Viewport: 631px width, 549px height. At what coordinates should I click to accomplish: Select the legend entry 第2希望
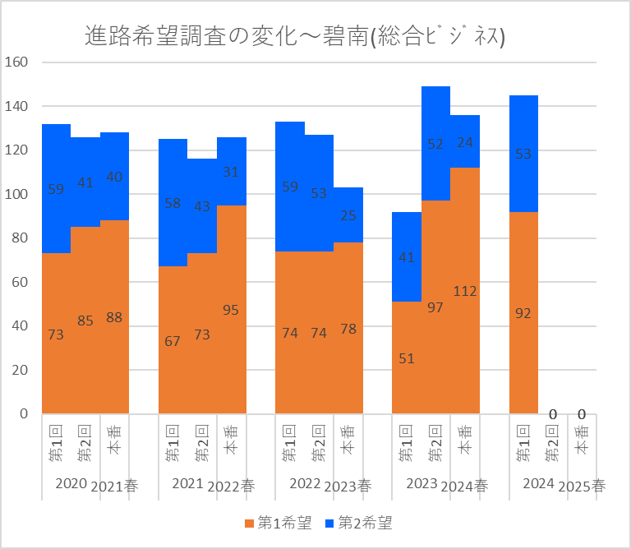pos(359,522)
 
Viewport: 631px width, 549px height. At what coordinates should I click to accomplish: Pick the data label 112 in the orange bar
pos(465,291)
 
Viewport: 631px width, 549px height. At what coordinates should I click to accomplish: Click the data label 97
pos(435,307)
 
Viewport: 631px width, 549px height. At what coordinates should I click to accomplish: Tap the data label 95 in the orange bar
pos(232,310)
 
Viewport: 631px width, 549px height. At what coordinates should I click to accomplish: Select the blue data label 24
pos(465,142)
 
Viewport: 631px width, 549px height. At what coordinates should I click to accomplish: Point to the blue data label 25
pos(348,215)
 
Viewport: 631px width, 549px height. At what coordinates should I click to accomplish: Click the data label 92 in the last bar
pos(523,313)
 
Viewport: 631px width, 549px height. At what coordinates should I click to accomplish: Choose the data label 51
pos(406,358)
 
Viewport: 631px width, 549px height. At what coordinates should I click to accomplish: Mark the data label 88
pos(114,317)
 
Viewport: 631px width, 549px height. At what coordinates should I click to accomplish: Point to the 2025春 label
pos(583,486)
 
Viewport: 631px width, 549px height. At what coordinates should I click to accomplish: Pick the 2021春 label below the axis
pos(114,486)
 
